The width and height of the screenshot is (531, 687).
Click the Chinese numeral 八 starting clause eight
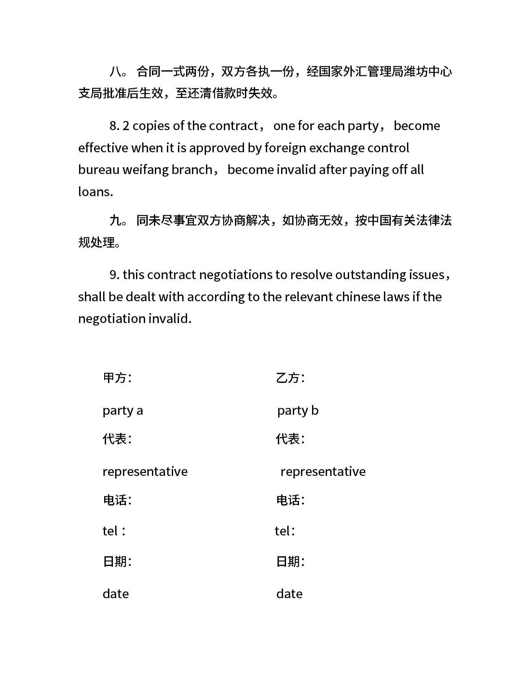pyautogui.click(x=116, y=71)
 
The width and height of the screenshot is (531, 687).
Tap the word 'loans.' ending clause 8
pyautogui.click(x=95, y=192)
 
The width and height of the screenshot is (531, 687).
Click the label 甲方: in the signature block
pyautogui.click(x=117, y=378)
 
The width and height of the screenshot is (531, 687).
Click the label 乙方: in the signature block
pyautogui.click(x=290, y=378)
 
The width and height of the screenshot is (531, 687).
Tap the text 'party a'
pyautogui.click(x=123, y=411)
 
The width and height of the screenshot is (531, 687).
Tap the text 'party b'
pyautogui.click(x=298, y=411)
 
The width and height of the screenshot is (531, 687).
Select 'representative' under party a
pyautogui.click(x=145, y=471)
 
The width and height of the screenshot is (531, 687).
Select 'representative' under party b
pyautogui.click(x=323, y=471)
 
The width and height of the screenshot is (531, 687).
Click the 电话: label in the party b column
pyautogui.click(x=290, y=500)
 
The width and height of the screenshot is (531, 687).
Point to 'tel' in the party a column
pyautogui.click(x=110, y=531)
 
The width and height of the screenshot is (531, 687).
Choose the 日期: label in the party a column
pyautogui.click(x=117, y=561)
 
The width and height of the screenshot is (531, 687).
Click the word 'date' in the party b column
pyautogui.click(x=289, y=594)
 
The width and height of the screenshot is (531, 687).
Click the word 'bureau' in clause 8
pyautogui.click(x=99, y=170)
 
